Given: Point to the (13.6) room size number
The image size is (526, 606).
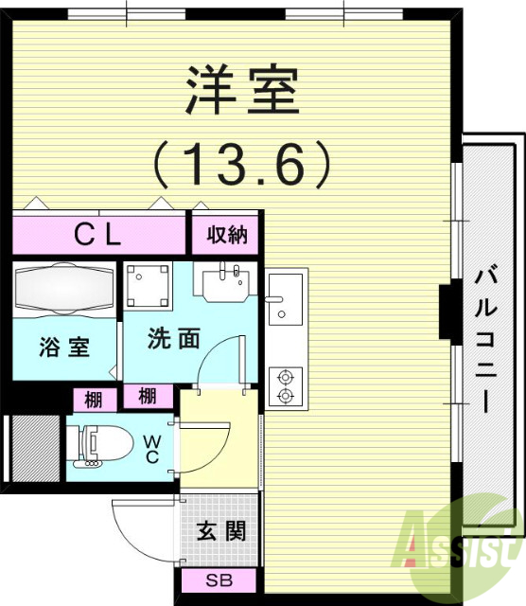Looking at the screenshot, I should pyautogui.click(x=243, y=163).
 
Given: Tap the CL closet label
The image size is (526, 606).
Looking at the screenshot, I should pyautogui.click(x=98, y=236).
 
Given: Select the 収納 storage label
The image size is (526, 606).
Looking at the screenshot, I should pyautogui.click(x=227, y=235).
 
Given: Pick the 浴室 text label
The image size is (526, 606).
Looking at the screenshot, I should pyautogui.click(x=64, y=347).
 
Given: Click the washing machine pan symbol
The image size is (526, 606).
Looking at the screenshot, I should pyautogui.click(x=148, y=285).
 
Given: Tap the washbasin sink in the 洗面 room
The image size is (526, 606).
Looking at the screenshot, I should pyautogui.click(x=224, y=280).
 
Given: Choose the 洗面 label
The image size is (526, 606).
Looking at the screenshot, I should pyautogui.click(x=173, y=339).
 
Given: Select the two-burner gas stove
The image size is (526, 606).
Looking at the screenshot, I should pyautogui.click(x=283, y=386).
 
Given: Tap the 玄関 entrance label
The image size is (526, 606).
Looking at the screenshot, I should pyautogui.click(x=221, y=530).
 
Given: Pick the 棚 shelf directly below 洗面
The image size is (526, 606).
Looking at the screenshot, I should pyautogui.click(x=148, y=396).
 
